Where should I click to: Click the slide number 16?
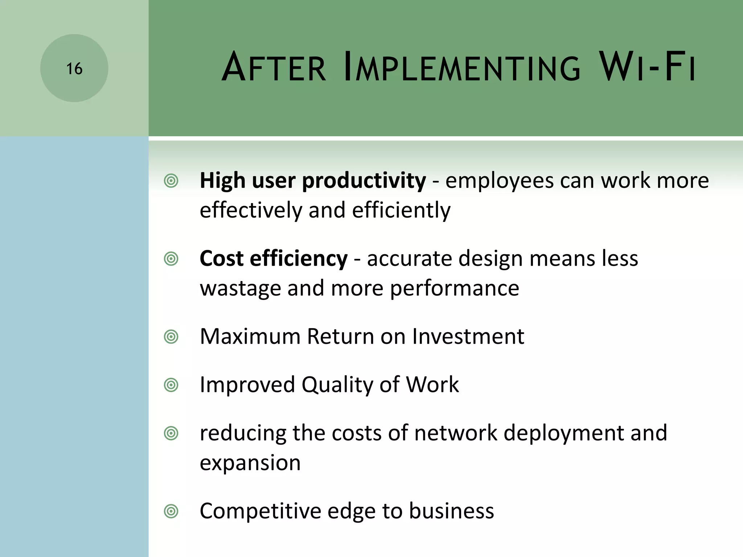coord(74,69)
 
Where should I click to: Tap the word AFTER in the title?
coord(274,68)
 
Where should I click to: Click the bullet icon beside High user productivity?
coord(171,181)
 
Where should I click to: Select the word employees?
coord(499,181)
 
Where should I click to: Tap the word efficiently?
coord(401,211)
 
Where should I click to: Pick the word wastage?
coord(240,289)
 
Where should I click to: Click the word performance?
coord(454,289)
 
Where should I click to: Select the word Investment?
coord(468,337)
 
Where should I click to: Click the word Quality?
coord(337,385)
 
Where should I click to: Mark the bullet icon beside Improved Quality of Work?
coord(171,385)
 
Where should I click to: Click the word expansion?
coord(250,463)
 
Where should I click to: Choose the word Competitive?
coord(260,511)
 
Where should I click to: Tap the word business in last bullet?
coord(451,511)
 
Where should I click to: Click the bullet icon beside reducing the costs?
coord(171,434)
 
